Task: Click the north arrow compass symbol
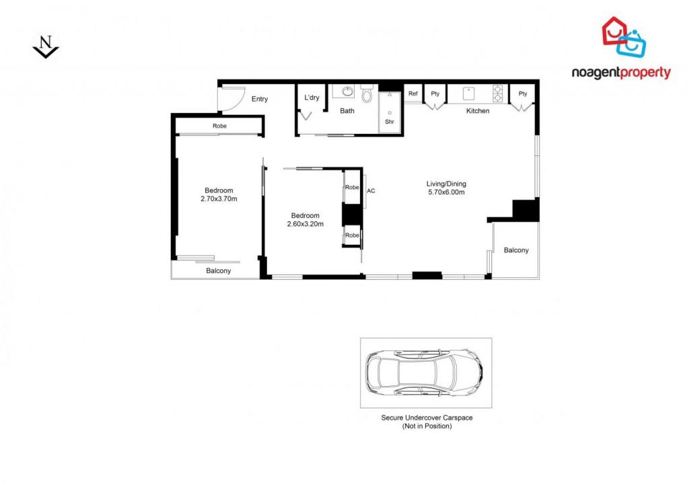tap(46, 46)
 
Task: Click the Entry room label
tap(259, 99)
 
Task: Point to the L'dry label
tap(312, 98)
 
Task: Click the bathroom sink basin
tap(348, 91)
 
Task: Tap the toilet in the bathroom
tap(367, 93)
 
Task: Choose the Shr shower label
tap(390, 122)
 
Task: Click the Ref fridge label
tap(413, 93)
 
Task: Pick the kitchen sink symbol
tap(468, 93)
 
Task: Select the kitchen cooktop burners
tap(498, 93)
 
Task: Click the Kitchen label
tap(478, 111)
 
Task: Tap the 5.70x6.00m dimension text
tap(446, 192)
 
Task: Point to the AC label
tap(371, 190)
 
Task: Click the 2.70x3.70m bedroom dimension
tap(219, 198)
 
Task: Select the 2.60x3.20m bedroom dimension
tap(305, 224)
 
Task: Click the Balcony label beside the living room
tap(516, 250)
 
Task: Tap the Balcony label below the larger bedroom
tap(219, 270)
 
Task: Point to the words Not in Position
tap(427, 426)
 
